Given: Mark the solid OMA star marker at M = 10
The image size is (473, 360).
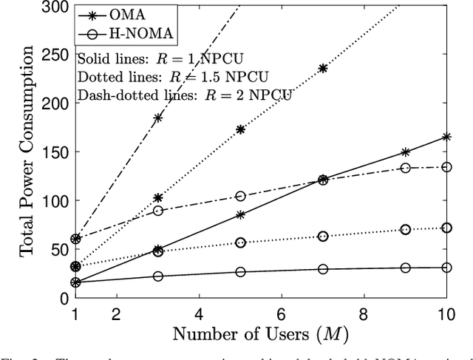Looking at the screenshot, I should [x=446, y=137].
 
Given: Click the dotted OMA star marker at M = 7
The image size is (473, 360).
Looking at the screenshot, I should [x=323, y=68].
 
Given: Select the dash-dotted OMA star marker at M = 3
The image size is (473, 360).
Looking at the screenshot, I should [x=158, y=118].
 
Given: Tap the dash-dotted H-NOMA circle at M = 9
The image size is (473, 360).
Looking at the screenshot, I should [x=405, y=168].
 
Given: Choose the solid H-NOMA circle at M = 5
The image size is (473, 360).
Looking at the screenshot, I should [x=240, y=272].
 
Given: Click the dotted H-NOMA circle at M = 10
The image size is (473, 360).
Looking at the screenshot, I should [x=446, y=228].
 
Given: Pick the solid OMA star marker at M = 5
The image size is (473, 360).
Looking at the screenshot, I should [x=240, y=215].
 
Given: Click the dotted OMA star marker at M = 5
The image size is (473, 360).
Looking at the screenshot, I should [x=240, y=129].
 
